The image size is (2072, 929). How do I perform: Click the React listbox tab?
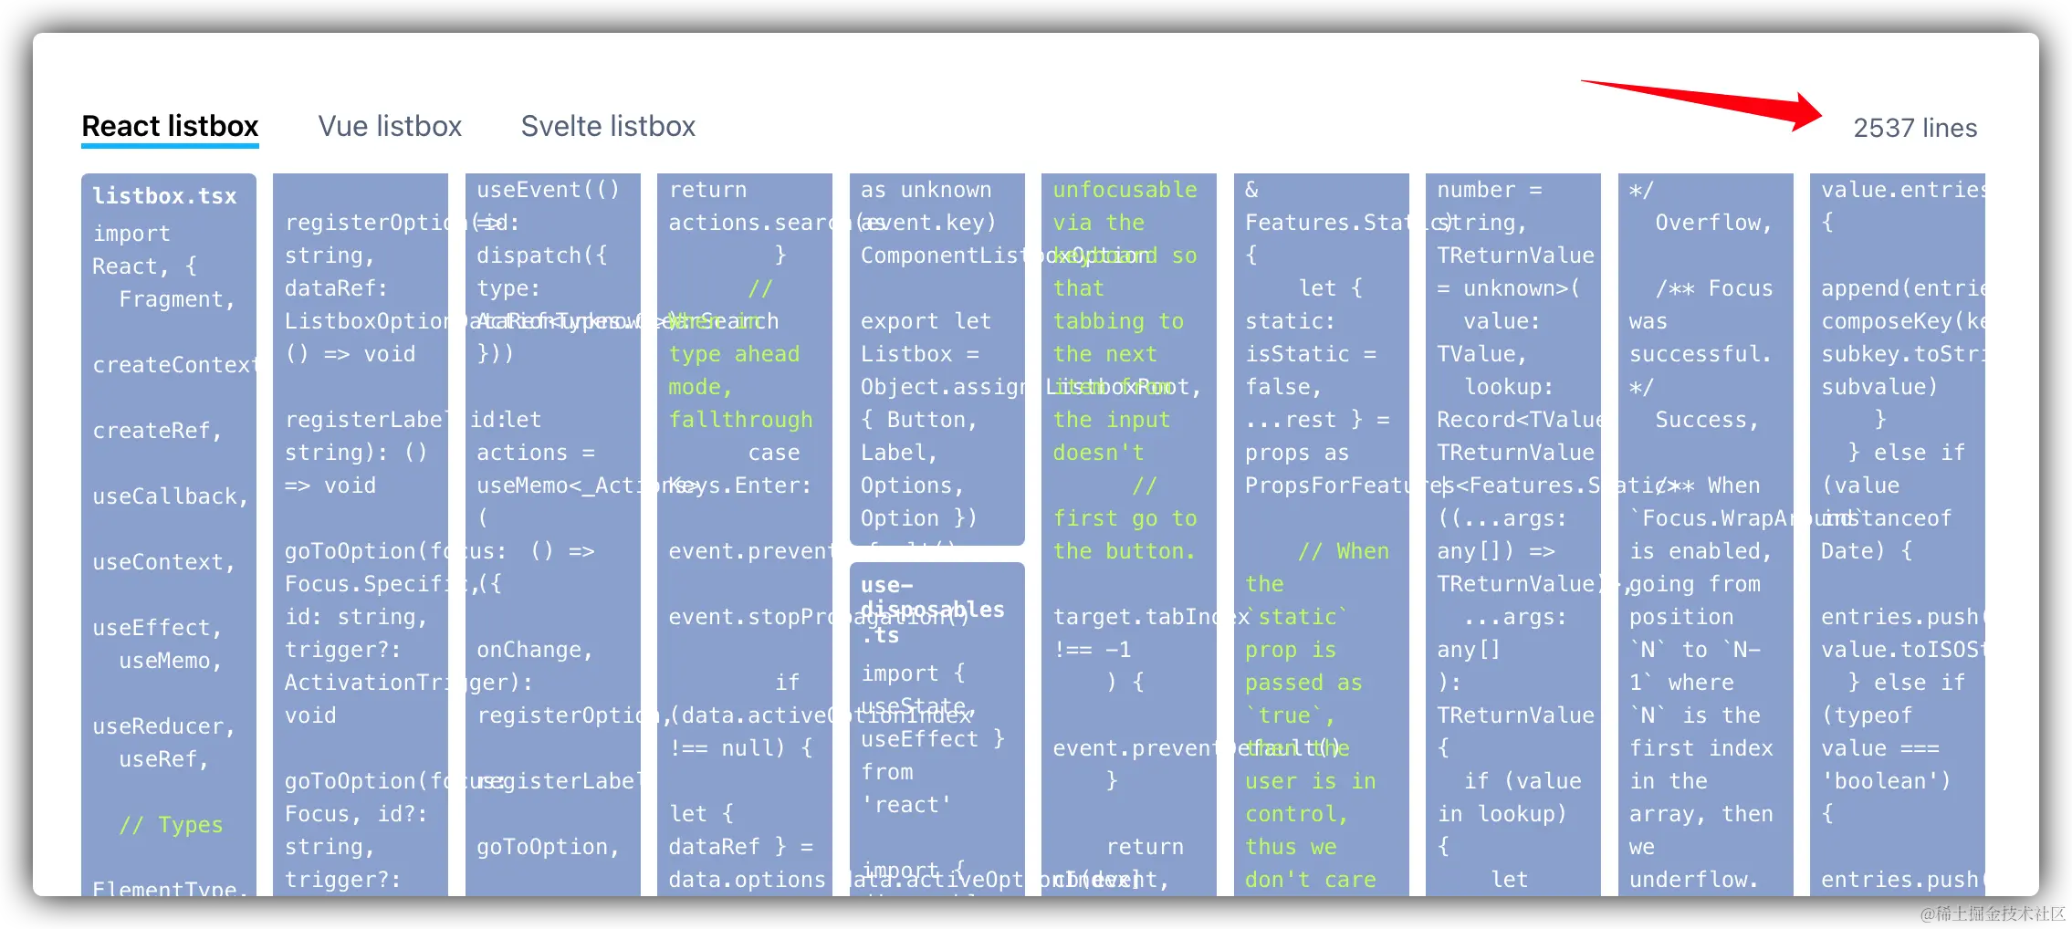pyautogui.click(x=170, y=126)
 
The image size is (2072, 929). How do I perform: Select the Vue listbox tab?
pyautogui.click(x=390, y=126)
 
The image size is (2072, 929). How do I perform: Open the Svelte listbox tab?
pyautogui.click(x=608, y=126)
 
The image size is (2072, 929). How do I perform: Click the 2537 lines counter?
pyautogui.click(x=1915, y=128)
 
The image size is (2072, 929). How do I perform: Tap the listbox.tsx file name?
pyautogui.click(x=164, y=196)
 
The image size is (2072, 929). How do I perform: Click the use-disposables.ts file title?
pyautogui.click(x=931, y=609)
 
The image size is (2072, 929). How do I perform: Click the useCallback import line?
pyautogui.click(x=170, y=496)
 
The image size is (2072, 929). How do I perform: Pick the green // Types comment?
pyautogui.click(x=171, y=825)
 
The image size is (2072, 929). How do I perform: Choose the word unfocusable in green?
pyautogui.click(x=1125, y=190)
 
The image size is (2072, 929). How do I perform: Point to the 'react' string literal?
pyautogui.click(x=906, y=805)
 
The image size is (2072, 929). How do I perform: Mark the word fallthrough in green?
pyautogui.click(x=740, y=420)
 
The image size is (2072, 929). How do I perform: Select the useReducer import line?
pyautogui.click(x=163, y=726)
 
